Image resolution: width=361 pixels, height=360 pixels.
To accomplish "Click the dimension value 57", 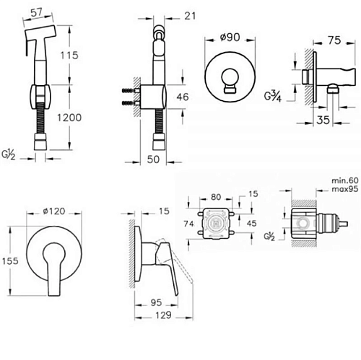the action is (x=37, y=12).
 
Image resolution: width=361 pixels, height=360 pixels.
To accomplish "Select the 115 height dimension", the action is (x=69, y=56).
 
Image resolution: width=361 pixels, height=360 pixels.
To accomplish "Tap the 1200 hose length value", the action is (x=69, y=118).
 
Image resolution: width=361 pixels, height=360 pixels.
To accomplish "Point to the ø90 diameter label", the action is (x=230, y=37).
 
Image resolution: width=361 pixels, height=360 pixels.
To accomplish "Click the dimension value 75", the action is (x=334, y=40).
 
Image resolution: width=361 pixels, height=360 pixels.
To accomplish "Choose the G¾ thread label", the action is (x=273, y=97).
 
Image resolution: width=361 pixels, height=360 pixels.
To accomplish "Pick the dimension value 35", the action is (x=323, y=120).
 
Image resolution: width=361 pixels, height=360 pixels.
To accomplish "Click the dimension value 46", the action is (x=183, y=97).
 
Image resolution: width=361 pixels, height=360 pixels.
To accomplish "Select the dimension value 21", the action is (x=190, y=16).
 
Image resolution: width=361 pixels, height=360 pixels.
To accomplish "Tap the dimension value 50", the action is (x=153, y=159).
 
